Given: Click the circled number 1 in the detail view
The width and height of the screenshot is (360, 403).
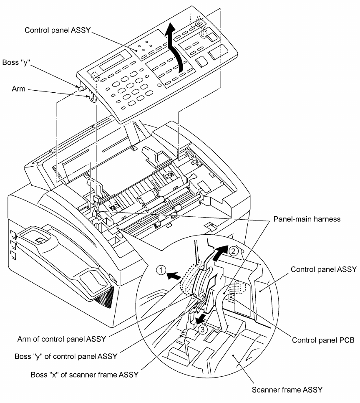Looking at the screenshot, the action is pos(161,270).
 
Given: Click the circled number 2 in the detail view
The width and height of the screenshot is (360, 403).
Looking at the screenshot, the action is pos(233,251).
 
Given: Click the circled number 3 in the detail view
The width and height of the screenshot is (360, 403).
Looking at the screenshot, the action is pos(202,329).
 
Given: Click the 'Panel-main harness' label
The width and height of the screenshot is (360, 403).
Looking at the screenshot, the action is pos(307,219).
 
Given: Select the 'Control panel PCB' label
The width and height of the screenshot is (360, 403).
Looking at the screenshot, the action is pos(323,340).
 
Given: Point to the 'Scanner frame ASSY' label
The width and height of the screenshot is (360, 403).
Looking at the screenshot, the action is pos(287,390).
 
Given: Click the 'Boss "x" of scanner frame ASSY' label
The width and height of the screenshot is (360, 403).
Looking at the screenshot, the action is pos(85,375).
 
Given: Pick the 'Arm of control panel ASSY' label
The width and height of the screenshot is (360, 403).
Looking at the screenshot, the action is pos(62,339).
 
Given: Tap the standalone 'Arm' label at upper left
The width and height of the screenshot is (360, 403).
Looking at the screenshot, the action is pos(18,89).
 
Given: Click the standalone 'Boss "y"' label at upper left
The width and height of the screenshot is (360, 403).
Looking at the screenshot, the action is pos(16,63).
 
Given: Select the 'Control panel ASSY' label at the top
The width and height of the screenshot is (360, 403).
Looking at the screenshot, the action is pos(58,30).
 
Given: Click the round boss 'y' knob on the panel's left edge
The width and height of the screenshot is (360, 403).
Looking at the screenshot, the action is pos(81,89).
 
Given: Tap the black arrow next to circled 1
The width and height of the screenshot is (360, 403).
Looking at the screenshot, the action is pos(174,276).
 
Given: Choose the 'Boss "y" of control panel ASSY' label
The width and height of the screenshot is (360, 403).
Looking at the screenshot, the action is pos(66,357).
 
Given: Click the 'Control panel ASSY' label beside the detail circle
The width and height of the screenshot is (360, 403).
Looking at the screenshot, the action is pos(324,269).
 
